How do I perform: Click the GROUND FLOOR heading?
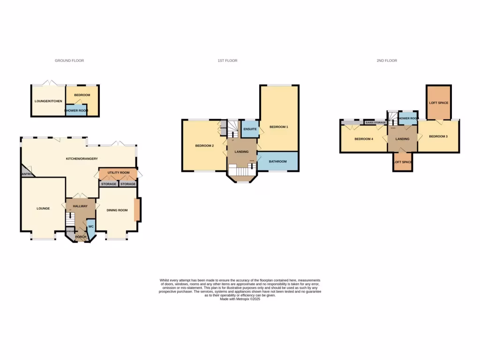(69, 60)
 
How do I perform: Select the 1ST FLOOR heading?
(227, 60)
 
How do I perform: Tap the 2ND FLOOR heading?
(387, 60)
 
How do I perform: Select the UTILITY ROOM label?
(118, 173)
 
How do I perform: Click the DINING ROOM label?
(117, 210)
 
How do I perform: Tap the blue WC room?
(91, 227)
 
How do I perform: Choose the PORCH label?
(81, 237)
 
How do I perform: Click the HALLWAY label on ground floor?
(81, 206)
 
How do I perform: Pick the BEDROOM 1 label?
(279, 127)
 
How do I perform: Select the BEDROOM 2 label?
(204, 146)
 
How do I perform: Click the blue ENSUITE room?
(249, 128)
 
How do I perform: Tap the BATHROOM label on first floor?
(277, 162)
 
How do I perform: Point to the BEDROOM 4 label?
(364, 139)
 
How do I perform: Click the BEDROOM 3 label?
(438, 136)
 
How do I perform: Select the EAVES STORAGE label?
(376, 122)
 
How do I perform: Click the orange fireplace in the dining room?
(136, 210)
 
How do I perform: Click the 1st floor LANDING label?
(241, 151)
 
